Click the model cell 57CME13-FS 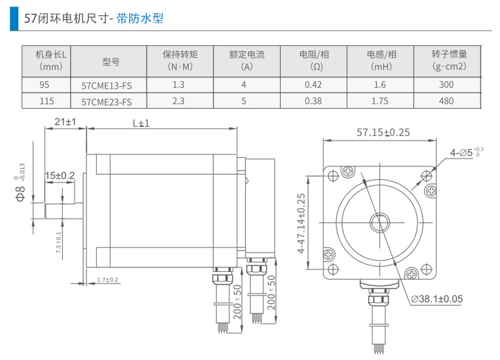coord(107,85)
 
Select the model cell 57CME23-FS coord(107,102)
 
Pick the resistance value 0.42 coord(313,85)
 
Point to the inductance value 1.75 coord(380,101)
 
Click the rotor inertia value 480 coord(447,101)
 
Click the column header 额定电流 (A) coord(247,61)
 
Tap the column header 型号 coord(111,61)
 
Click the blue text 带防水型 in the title coord(140,19)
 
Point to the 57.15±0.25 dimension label coord(383,132)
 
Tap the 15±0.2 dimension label coord(60,175)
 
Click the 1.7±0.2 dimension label coord(107,280)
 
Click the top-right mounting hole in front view coord(427,176)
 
